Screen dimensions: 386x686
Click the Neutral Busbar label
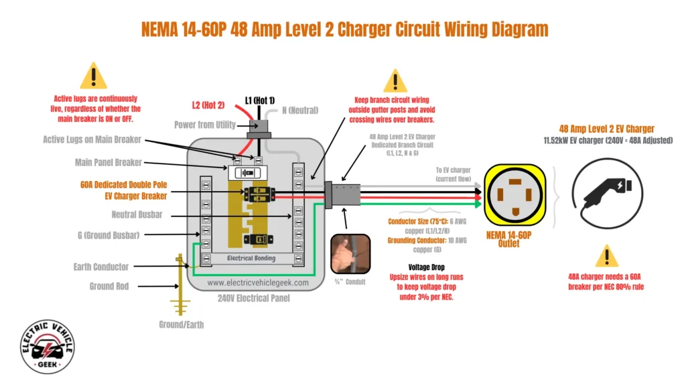137,214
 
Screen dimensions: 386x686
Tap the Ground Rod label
109,286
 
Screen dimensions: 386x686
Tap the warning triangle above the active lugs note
93,76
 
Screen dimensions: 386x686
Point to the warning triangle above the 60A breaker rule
607,256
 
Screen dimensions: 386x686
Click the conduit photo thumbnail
350,253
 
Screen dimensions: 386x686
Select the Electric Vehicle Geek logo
48,346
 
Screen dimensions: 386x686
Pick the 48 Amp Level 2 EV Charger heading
607,129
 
